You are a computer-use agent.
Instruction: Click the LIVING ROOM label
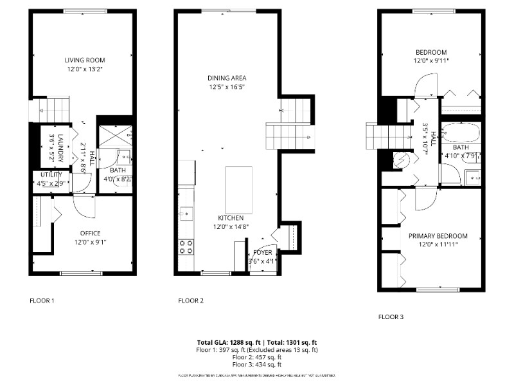(x=84, y=60)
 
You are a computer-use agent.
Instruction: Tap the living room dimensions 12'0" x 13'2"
(x=84, y=68)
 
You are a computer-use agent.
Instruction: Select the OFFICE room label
(x=90, y=233)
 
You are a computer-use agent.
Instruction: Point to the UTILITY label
(x=51, y=174)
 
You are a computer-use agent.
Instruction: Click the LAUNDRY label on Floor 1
(x=60, y=146)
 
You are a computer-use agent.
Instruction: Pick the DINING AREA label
(x=227, y=78)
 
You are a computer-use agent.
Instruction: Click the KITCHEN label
(x=230, y=217)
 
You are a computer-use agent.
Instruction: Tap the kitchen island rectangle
(x=238, y=190)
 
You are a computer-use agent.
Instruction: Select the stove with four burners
(x=186, y=246)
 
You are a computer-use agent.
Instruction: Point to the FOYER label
(x=262, y=252)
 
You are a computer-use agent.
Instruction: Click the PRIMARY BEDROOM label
(x=438, y=236)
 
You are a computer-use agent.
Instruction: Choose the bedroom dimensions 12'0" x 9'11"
(x=431, y=60)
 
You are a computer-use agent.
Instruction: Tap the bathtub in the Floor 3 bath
(x=461, y=133)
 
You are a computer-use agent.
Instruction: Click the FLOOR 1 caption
(x=42, y=300)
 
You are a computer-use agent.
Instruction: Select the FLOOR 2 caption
(x=191, y=300)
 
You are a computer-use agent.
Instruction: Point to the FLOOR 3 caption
(x=391, y=317)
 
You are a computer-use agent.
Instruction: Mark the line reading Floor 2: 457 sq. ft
(x=256, y=357)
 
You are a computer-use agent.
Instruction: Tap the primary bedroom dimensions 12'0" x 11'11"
(x=438, y=244)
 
